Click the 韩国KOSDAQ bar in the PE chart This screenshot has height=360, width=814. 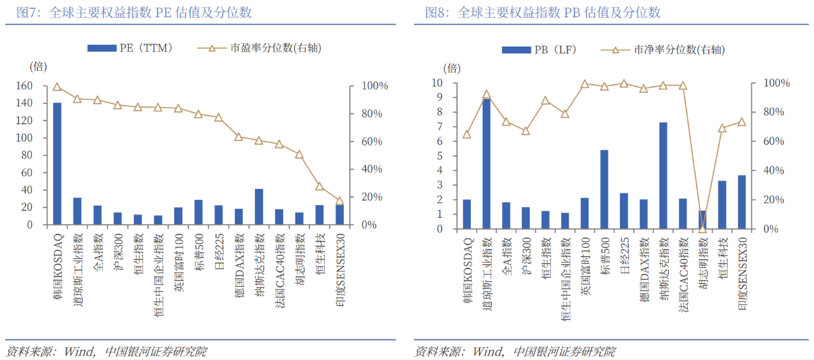[x=57, y=163]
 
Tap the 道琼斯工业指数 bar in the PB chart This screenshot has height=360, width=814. [x=487, y=163]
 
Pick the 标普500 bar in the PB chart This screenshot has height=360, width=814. [x=604, y=189]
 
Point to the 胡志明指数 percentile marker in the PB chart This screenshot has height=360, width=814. [x=703, y=229]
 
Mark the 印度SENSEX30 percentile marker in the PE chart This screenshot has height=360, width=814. [x=339, y=200]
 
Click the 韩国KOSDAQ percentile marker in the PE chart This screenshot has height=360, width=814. [x=57, y=87]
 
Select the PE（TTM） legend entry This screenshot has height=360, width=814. [x=131, y=47]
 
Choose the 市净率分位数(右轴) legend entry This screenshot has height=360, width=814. [x=663, y=50]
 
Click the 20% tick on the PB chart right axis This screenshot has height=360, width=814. [x=779, y=200]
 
